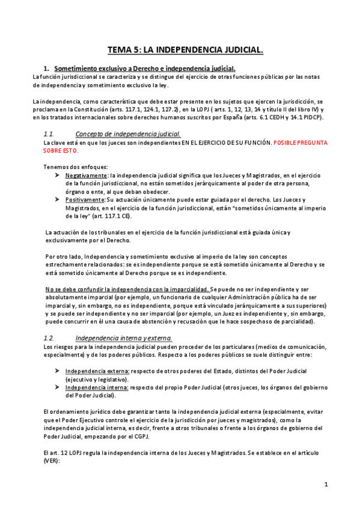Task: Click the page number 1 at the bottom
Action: click(326, 484)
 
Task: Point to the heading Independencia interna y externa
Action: click(123, 338)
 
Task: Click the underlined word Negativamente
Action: click(84, 175)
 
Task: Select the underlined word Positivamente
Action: click(85, 199)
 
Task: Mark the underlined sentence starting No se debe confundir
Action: click(127, 289)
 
